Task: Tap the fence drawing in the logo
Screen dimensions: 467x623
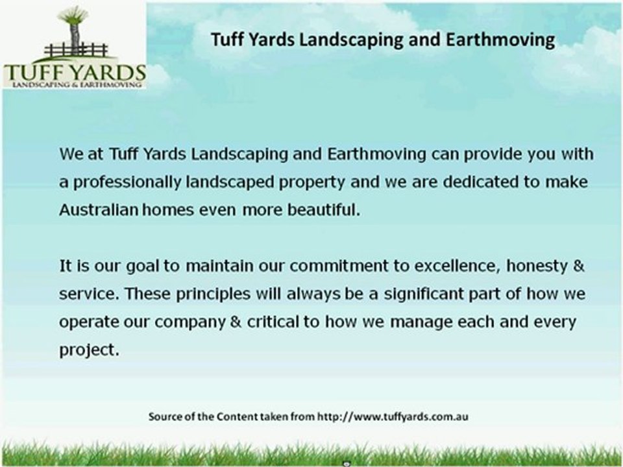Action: (x=77, y=50)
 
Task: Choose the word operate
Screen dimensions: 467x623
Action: (x=84, y=322)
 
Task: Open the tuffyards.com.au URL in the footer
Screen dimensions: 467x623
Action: (x=393, y=416)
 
